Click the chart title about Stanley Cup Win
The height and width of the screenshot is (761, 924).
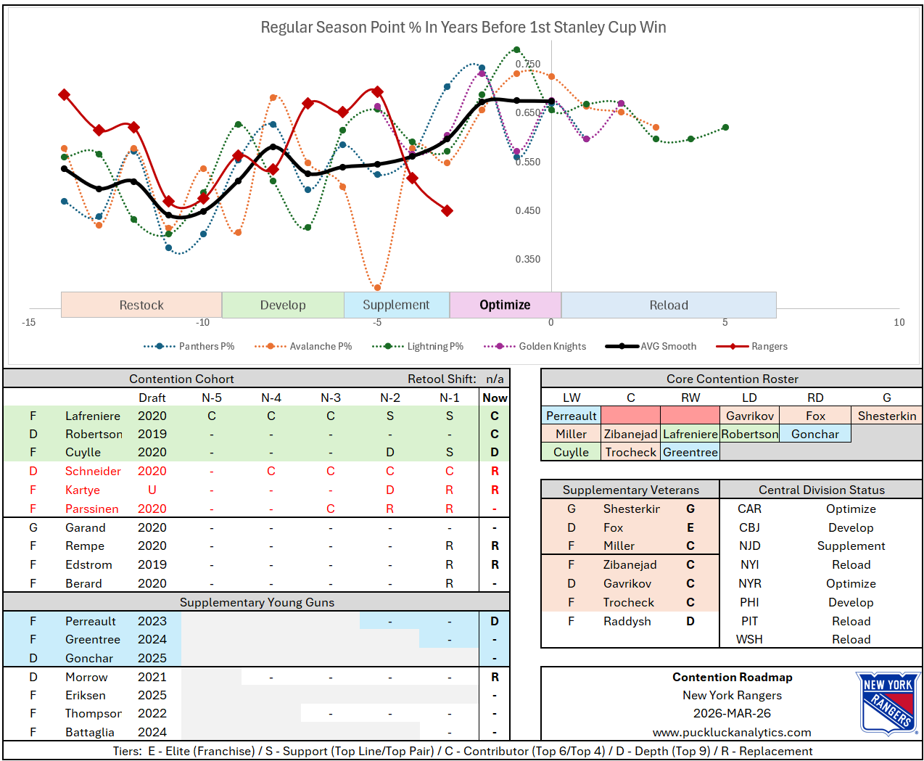point(463,28)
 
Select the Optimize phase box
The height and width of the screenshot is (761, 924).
point(505,305)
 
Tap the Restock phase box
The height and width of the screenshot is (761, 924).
point(141,305)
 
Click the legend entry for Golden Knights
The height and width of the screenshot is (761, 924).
point(552,346)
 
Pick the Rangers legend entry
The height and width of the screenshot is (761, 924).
point(769,346)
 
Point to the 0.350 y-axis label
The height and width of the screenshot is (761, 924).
point(527,259)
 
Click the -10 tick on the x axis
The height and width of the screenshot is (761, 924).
point(202,322)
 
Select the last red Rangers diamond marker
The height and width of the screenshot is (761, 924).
point(447,210)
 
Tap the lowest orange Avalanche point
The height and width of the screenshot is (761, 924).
point(377,287)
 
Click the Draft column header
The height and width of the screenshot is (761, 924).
point(152,398)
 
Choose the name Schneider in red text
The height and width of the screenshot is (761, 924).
point(93,471)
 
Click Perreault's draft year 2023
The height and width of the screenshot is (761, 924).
point(152,621)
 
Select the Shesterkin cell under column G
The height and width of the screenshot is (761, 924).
point(886,416)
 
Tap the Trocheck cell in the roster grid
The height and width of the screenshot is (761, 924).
point(630,452)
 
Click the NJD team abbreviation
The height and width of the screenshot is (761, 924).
point(749,546)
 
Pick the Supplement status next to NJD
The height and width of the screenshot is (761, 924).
point(851,546)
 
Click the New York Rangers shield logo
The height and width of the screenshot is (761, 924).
point(888,703)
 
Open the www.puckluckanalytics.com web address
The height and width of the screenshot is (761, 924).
point(732,732)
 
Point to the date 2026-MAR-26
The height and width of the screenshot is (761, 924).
point(732,713)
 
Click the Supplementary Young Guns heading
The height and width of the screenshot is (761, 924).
point(257,602)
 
